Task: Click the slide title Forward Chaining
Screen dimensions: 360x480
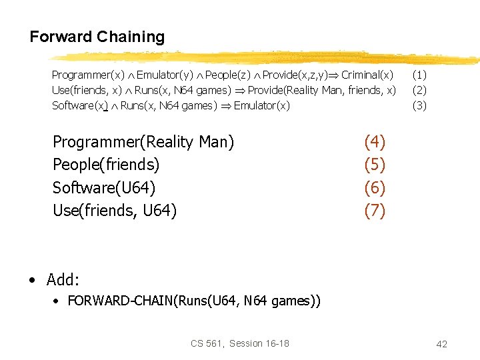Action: (x=97, y=37)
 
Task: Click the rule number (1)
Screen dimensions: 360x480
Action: (x=419, y=75)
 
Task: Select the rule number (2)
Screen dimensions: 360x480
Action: (x=419, y=89)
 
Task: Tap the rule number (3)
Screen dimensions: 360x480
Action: (x=419, y=105)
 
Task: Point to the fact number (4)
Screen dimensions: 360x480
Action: (x=375, y=141)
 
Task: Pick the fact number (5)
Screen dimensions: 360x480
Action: (x=375, y=165)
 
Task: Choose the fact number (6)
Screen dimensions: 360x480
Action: (x=375, y=188)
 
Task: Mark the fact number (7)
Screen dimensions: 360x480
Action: (x=375, y=211)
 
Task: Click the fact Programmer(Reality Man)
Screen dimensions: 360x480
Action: (x=143, y=142)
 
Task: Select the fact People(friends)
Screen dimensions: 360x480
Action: (x=106, y=165)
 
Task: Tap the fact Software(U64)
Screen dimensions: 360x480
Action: (x=104, y=188)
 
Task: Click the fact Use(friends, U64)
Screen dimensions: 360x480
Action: (x=115, y=211)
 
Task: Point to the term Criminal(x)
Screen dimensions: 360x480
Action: (x=367, y=75)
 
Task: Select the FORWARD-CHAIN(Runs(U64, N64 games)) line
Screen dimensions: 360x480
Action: (x=194, y=301)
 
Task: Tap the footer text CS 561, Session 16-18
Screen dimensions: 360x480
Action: (x=240, y=343)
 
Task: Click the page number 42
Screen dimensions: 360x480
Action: (x=441, y=344)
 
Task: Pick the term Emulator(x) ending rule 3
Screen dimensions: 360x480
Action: (x=262, y=105)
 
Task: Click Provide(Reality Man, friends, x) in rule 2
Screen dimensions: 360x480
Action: (x=322, y=90)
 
